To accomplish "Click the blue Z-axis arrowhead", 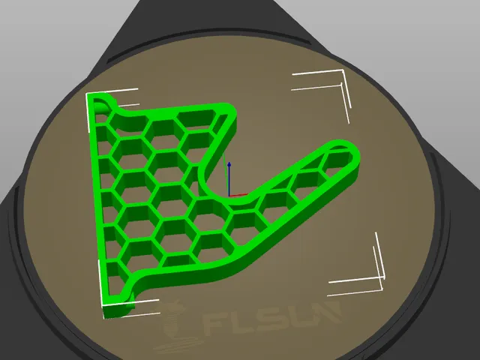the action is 229,166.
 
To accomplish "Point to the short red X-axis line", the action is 238,195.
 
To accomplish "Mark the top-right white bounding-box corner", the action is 342,71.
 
